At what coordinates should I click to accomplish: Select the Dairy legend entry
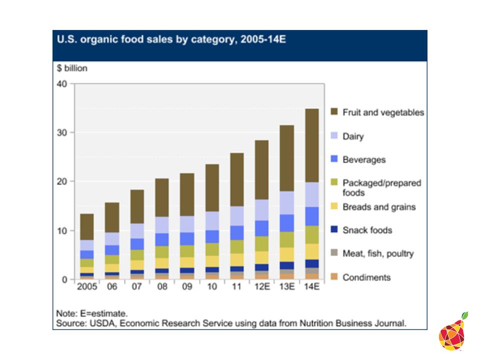point(352,136)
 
